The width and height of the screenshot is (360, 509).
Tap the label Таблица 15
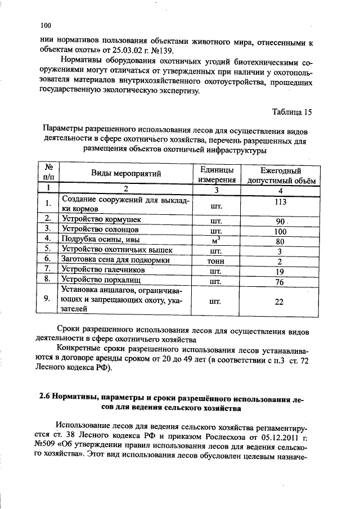pos(291,112)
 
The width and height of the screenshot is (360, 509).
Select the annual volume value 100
pos(280,231)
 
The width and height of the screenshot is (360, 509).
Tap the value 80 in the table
pos(280,241)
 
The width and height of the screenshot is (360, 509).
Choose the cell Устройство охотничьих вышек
pos(117,250)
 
